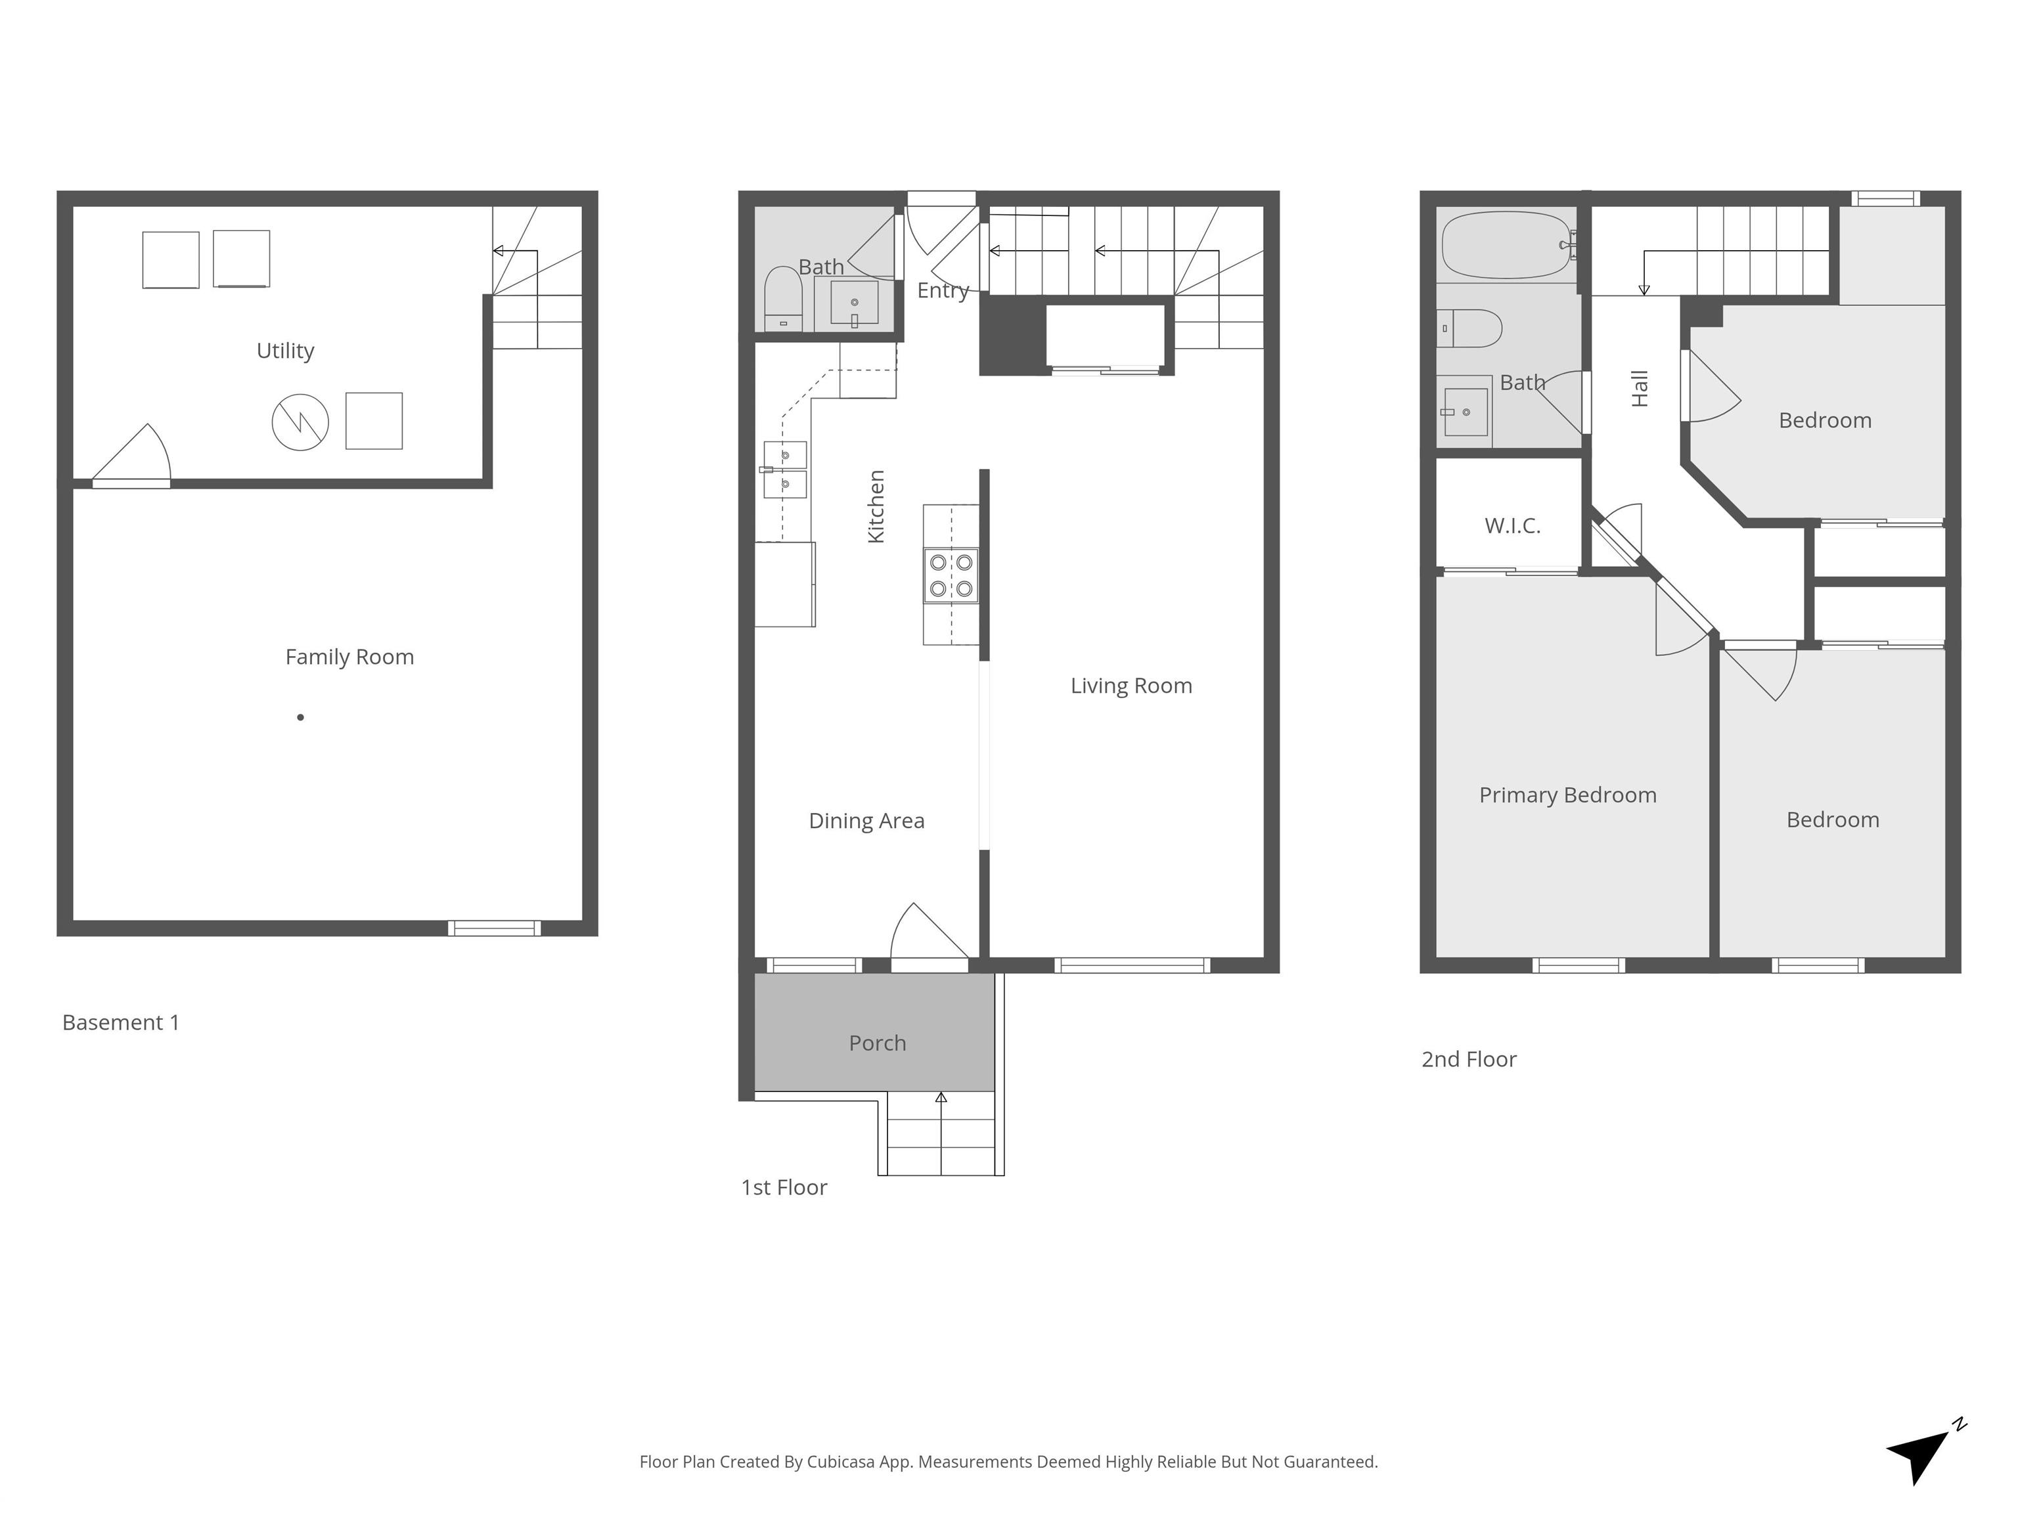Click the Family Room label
pyautogui.click(x=349, y=657)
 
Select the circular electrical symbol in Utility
pyautogui.click(x=300, y=422)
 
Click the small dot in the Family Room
pyautogui.click(x=300, y=718)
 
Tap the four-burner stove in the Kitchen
pyautogui.click(x=951, y=575)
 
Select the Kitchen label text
pyautogui.click(x=876, y=506)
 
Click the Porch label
pyautogui.click(x=877, y=1042)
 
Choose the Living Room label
pyautogui.click(x=1131, y=686)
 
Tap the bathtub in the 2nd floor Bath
pyautogui.click(x=1506, y=244)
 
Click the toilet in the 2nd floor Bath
pyautogui.click(x=1471, y=328)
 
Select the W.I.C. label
pyautogui.click(x=1512, y=525)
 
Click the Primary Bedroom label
pyautogui.click(x=1567, y=795)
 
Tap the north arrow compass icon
pyautogui.click(x=1920, y=1457)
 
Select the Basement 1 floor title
pyautogui.click(x=120, y=1022)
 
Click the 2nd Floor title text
pyautogui.click(x=1468, y=1059)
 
